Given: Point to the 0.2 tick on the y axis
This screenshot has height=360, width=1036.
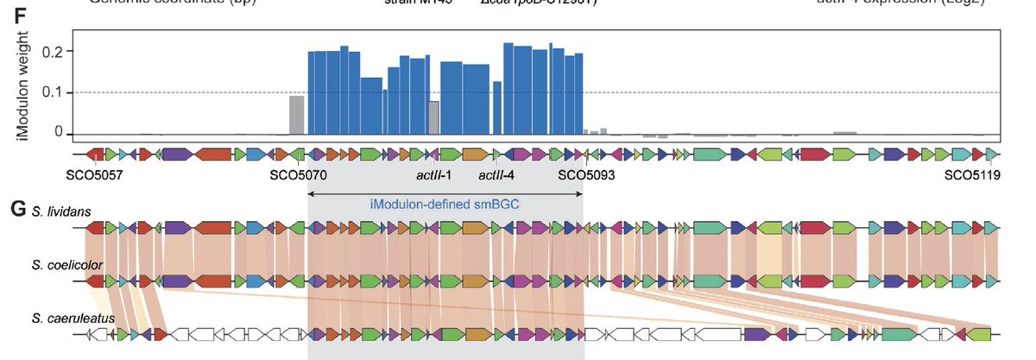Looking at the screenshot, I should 54,52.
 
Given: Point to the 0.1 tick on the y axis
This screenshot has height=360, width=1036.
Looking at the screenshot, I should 54,92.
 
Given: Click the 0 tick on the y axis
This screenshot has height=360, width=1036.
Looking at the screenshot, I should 59,132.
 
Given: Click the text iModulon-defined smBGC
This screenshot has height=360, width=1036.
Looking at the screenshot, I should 445,205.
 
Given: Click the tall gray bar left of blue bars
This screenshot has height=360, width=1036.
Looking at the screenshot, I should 296,115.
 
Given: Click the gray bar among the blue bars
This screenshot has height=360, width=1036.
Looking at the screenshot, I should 434,117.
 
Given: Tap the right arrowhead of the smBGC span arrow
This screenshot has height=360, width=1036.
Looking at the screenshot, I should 582,193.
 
